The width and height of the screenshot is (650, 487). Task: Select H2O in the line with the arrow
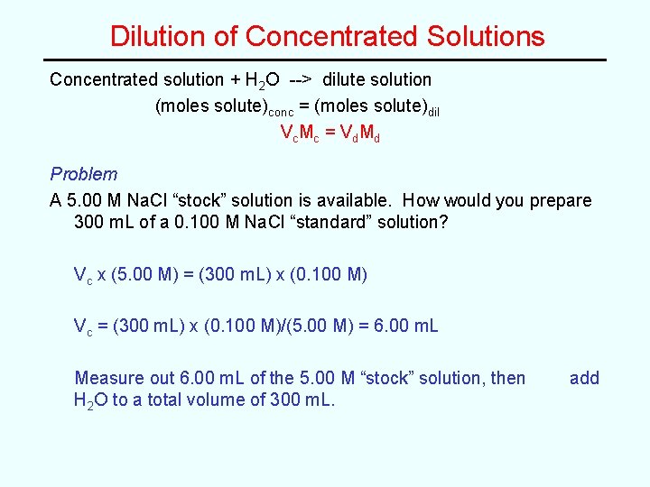[262, 80]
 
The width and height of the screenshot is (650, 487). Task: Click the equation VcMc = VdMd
[330, 133]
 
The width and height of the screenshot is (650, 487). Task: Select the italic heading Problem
[83, 174]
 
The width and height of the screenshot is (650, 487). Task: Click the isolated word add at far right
[584, 378]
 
